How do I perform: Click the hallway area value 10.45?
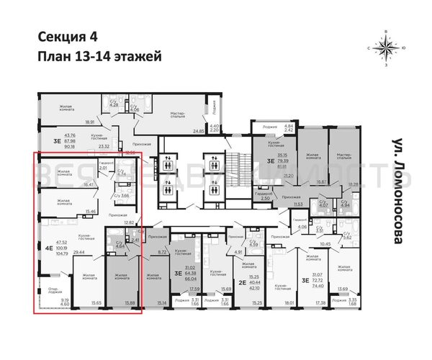325,244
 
